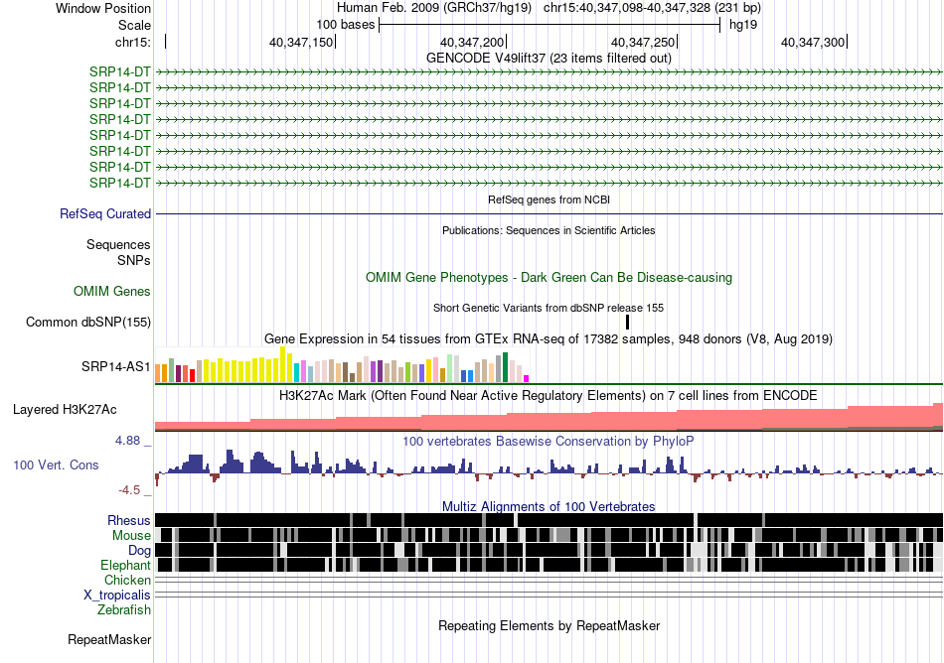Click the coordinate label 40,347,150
tap(300, 42)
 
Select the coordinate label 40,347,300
tap(812, 42)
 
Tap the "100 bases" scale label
tap(346, 25)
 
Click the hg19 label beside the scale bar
tap(743, 25)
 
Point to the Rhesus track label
tap(129, 520)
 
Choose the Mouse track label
tap(131, 536)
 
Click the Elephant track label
tap(125, 565)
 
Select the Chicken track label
tap(127, 580)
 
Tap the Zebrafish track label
tap(124, 609)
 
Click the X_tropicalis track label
tap(117, 596)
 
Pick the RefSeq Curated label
tap(105, 213)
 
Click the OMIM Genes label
tap(112, 291)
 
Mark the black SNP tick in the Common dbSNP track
tap(627, 323)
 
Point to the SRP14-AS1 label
tap(115, 366)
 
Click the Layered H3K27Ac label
tap(65, 409)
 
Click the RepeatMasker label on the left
tap(109, 639)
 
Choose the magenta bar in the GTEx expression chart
tap(527, 379)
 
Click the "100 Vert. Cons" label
tap(56, 464)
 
